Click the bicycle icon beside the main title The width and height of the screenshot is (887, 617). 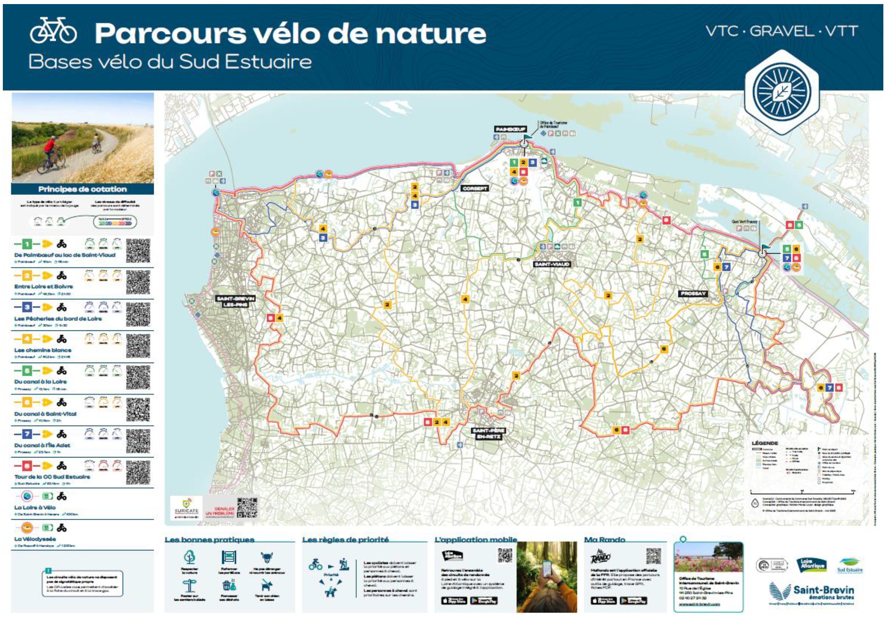pos(53,31)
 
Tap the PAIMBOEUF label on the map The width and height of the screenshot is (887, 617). pos(510,129)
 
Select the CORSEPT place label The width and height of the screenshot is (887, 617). pos(474,188)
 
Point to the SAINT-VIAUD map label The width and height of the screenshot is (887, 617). pos(551,264)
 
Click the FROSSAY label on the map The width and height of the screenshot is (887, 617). pos(693,293)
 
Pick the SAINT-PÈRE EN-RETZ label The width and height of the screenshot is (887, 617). pos(488,433)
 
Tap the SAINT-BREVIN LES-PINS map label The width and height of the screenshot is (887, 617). pos(236,301)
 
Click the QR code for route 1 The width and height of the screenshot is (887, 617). pos(138,251)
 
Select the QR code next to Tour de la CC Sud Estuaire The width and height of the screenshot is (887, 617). pos(138,472)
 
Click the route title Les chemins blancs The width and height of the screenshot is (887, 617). pos(43,350)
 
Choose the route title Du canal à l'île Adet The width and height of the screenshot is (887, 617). pos(42,445)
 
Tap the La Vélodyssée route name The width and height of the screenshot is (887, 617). pos(35,539)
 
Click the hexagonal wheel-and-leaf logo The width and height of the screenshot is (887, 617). pos(781,92)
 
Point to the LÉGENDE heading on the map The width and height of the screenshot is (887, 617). pos(765,443)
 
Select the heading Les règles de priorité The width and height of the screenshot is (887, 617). pos(345,540)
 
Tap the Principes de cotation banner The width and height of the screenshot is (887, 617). pos(83,189)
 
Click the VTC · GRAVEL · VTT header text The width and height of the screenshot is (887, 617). pos(781,31)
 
